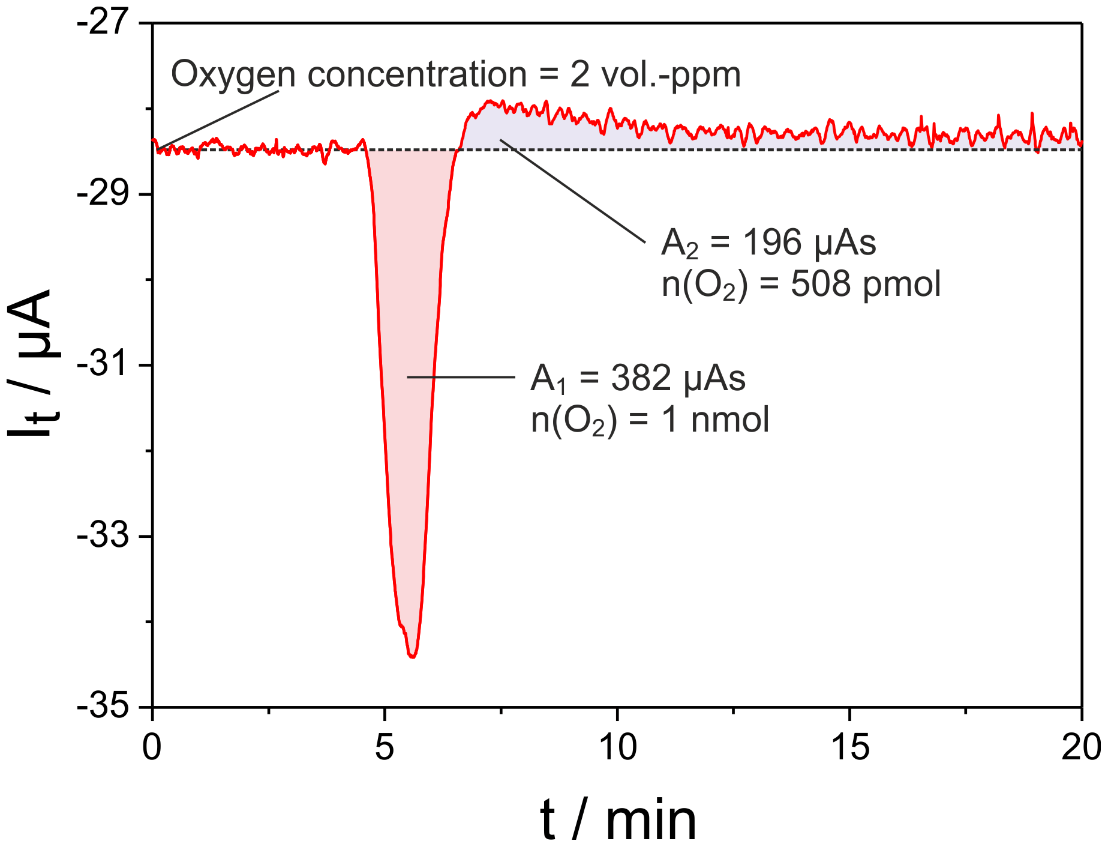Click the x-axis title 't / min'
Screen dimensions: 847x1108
tap(618, 819)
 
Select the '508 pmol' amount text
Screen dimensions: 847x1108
tap(865, 284)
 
